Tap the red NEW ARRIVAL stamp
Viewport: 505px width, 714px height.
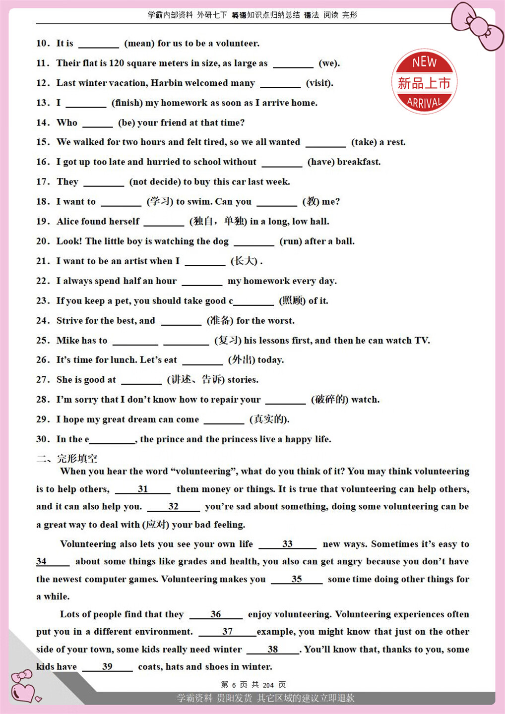click(424, 82)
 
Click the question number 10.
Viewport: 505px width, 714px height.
click(43, 44)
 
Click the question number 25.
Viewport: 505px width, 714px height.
click(43, 340)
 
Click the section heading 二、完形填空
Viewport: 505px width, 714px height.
click(67, 458)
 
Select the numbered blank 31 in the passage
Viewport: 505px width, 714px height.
click(143, 489)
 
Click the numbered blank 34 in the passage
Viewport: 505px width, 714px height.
click(52, 562)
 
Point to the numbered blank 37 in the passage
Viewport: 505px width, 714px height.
click(227, 632)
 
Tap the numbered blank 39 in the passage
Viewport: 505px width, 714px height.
click(107, 667)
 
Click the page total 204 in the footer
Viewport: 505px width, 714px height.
click(268, 685)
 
